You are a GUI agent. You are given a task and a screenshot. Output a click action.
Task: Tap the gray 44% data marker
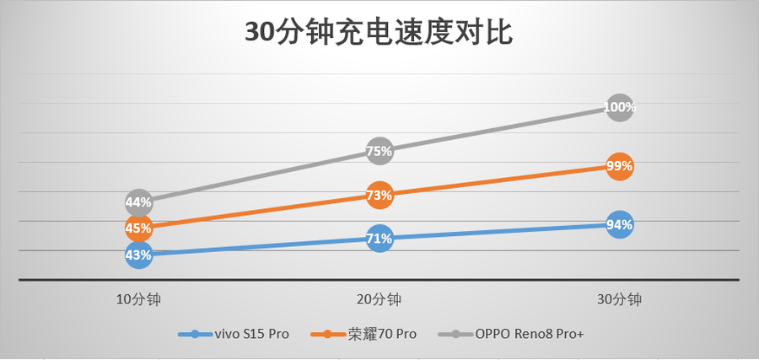point(138,202)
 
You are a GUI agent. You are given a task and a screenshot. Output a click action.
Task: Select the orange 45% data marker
point(138,228)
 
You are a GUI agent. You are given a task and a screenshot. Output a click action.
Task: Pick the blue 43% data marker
point(138,254)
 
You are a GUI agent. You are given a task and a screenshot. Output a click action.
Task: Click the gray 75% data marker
point(379,152)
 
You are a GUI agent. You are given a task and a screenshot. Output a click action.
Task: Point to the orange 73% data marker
point(379,196)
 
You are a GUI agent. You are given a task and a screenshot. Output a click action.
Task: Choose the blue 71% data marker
point(379,239)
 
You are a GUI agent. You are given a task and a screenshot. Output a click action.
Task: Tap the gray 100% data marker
point(619,108)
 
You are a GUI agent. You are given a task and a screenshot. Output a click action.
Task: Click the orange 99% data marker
point(619,166)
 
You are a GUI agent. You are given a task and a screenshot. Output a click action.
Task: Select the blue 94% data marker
point(619,225)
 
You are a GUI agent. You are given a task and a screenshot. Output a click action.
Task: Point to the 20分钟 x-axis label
point(379,299)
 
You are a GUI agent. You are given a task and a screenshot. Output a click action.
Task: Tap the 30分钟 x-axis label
point(619,299)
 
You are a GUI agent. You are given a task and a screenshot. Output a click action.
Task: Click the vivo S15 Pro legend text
point(252,335)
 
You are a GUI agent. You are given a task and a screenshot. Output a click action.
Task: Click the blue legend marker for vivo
point(196,335)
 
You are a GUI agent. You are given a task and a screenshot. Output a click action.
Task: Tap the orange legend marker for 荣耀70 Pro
point(327,335)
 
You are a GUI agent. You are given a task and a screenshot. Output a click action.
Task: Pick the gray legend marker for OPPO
point(455,335)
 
